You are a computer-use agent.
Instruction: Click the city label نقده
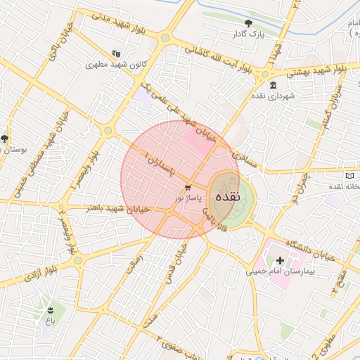tap(228, 197)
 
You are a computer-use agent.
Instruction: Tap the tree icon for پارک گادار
tap(248, 23)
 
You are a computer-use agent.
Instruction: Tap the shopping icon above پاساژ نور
tap(188, 188)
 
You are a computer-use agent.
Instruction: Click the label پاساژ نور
tap(188, 199)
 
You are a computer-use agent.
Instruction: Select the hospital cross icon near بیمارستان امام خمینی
tap(281, 261)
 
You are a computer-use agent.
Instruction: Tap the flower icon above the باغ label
tap(50, 309)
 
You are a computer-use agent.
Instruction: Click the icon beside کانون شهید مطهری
tap(116, 53)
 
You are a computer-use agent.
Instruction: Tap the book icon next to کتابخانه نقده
tap(351, 175)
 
